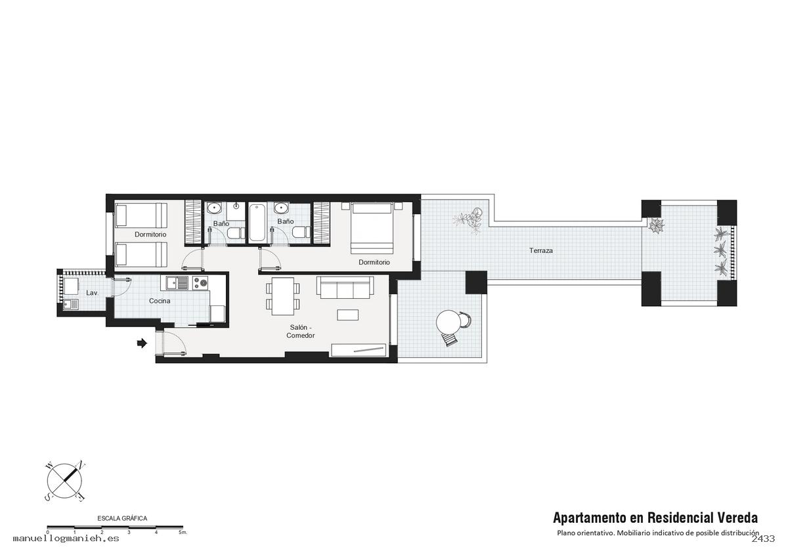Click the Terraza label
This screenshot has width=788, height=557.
tap(540, 250)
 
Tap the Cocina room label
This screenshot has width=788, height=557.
tap(160, 301)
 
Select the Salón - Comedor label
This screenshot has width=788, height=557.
tap(301, 331)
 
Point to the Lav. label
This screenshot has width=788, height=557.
tap(92, 293)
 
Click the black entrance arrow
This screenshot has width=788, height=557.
tap(142, 343)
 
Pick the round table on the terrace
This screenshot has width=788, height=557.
tap(448, 322)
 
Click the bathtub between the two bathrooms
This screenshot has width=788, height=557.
tap(257, 223)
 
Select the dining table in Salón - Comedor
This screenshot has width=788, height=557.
tap(283, 296)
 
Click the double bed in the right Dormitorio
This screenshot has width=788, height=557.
tap(372, 228)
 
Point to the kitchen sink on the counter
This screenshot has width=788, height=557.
tap(178, 283)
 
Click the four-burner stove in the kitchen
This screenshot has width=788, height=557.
tap(200, 283)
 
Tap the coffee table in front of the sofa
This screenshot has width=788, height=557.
tap(347, 315)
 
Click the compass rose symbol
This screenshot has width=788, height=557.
tap(65, 481)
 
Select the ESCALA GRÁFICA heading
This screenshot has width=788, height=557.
tap(122, 518)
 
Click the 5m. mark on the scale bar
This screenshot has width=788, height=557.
tap(183, 533)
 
